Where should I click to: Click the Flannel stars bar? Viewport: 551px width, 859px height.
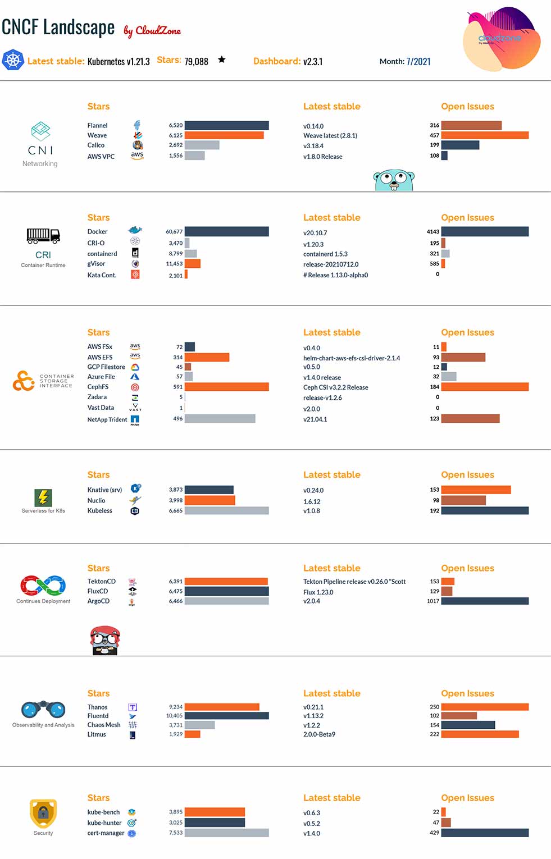[x=226, y=125]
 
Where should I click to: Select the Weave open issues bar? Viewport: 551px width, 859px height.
[x=485, y=135]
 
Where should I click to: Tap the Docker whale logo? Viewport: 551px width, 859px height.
[x=135, y=230]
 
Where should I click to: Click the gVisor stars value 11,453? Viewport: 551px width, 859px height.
[x=174, y=264]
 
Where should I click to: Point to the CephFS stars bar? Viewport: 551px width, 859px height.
[x=226, y=387]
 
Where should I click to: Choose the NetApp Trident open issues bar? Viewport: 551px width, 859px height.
[x=470, y=419]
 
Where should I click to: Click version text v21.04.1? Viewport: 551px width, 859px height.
[x=315, y=419]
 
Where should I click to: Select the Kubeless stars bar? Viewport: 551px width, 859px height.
[x=226, y=511]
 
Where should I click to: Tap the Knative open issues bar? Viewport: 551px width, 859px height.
[x=476, y=490]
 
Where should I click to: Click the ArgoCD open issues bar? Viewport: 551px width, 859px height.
[x=485, y=601]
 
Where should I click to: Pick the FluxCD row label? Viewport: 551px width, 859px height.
[x=98, y=591]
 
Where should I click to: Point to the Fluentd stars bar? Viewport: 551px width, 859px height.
[x=226, y=716]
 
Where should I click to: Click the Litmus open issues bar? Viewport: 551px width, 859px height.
[x=480, y=734]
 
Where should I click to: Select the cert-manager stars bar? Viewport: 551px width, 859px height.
[x=226, y=833]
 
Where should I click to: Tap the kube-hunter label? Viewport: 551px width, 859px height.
[x=104, y=823]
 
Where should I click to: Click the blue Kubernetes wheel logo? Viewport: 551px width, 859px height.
[x=13, y=60]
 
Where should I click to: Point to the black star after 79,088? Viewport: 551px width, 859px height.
[x=222, y=60]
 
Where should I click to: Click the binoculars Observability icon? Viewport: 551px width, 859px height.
[x=43, y=710]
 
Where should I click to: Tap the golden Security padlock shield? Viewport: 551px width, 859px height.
[x=43, y=813]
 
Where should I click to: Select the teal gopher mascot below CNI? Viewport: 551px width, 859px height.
[x=394, y=180]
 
